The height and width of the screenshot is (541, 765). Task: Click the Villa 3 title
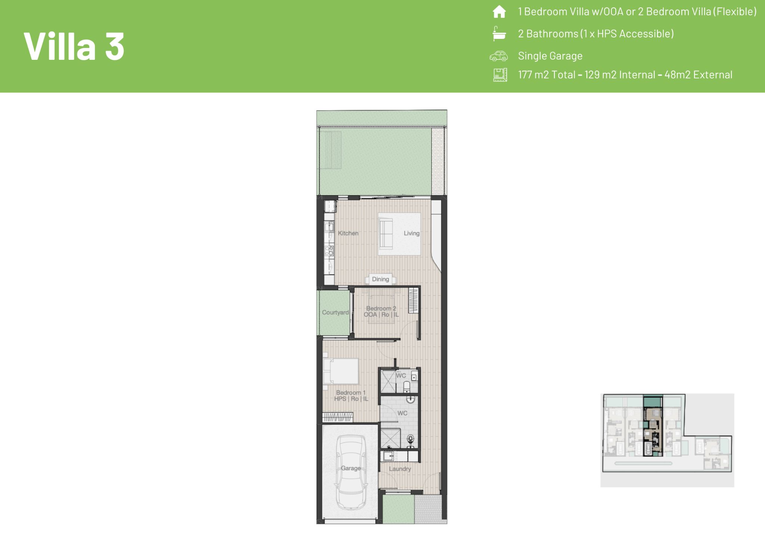[74, 46]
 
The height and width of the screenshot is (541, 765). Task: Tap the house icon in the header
[499, 12]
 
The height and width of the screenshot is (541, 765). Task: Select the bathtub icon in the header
[499, 33]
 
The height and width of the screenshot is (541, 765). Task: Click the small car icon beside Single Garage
[499, 56]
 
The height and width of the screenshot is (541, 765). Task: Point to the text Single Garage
[550, 56]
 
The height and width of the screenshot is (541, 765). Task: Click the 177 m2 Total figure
[546, 75]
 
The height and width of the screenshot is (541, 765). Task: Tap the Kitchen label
[348, 233]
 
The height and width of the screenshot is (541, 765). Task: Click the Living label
[412, 233]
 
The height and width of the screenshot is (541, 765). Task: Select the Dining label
[380, 279]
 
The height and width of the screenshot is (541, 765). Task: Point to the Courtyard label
[335, 313]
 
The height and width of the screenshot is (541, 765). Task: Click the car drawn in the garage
[350, 473]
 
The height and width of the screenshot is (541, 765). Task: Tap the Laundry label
[400, 469]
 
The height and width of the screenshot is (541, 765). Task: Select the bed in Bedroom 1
[341, 371]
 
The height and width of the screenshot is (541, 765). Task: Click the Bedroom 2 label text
[381, 308]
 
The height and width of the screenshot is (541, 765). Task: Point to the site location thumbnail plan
[667, 440]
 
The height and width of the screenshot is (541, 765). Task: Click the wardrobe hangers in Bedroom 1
[338, 417]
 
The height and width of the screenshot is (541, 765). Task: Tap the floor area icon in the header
[500, 75]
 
